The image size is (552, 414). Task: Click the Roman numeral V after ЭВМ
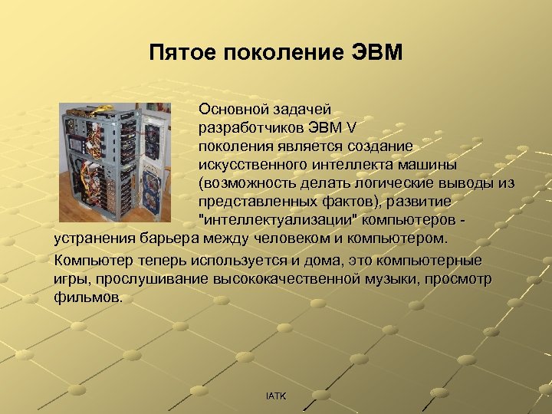pos(350,127)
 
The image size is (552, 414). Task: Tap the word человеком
pos(291,238)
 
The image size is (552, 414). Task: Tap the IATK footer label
pos(275,396)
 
